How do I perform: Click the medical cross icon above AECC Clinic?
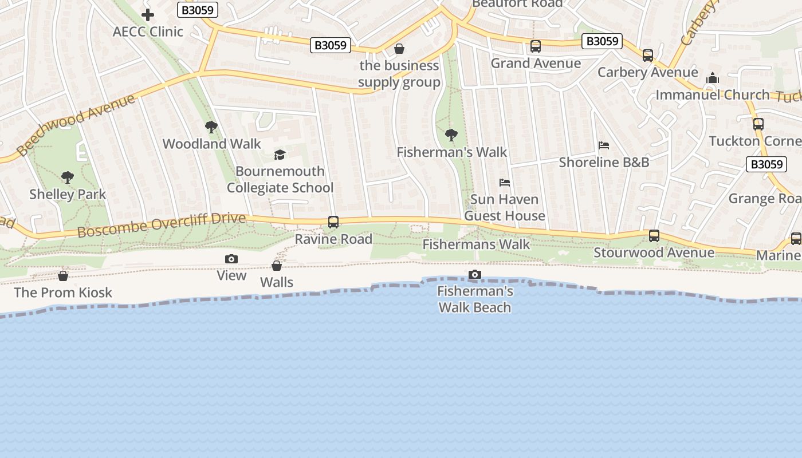click(148, 15)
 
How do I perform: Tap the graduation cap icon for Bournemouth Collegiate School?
click(280, 155)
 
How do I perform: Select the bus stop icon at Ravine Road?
click(333, 222)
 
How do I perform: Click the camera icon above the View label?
click(231, 259)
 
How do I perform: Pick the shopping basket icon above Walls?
click(277, 266)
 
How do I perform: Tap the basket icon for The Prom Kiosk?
click(63, 276)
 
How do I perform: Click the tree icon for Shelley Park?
click(68, 177)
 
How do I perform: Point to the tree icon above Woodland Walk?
click(211, 127)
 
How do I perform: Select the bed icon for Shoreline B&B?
click(604, 145)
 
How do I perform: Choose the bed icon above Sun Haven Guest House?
click(505, 183)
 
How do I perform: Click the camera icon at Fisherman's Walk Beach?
click(475, 275)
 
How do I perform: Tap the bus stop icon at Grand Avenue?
click(536, 46)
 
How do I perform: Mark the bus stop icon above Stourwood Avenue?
click(654, 236)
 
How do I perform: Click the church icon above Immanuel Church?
click(713, 78)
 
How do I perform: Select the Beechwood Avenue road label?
click(76, 124)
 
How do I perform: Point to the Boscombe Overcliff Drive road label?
click(162, 225)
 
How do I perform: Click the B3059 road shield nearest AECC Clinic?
click(198, 10)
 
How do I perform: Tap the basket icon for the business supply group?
click(399, 49)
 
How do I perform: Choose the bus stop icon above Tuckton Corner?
click(758, 124)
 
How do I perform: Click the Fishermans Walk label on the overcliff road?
click(477, 244)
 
